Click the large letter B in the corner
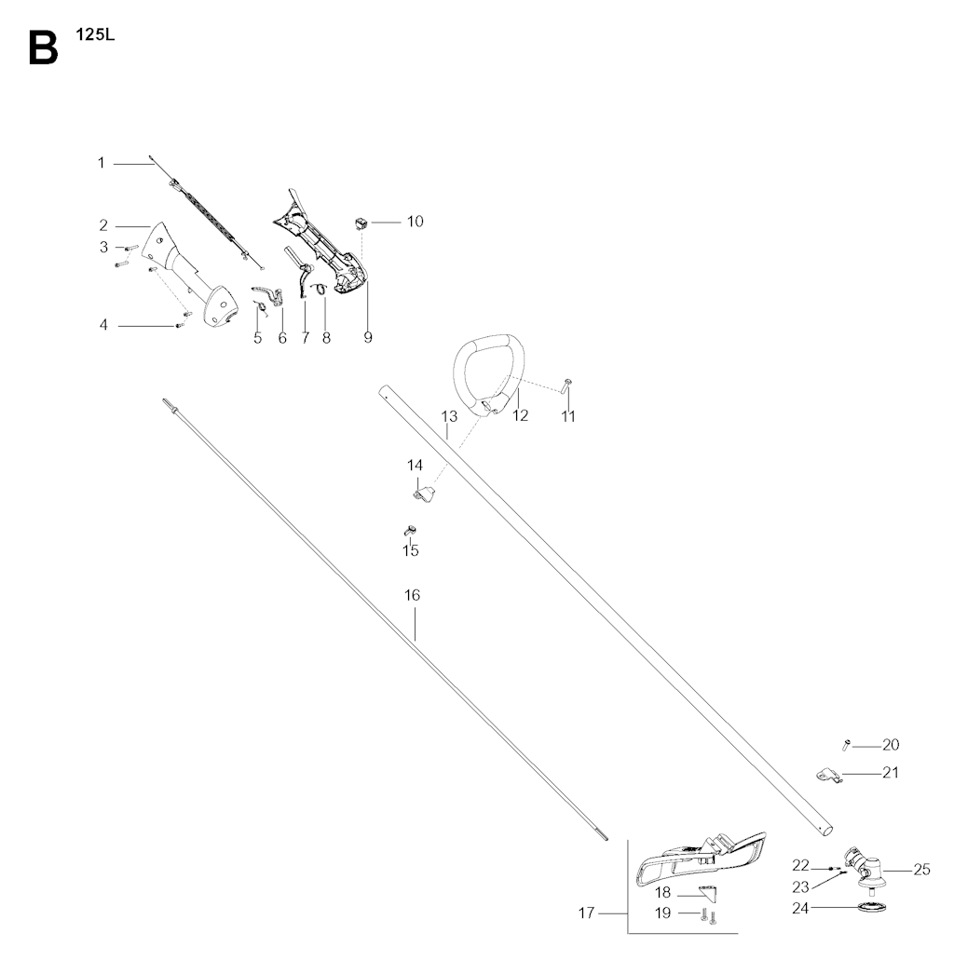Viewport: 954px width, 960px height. tap(43, 48)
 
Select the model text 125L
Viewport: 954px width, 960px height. tap(95, 34)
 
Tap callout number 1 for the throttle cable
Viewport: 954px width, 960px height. tap(102, 163)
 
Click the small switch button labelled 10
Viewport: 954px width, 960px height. tap(361, 223)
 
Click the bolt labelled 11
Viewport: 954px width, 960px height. tap(566, 385)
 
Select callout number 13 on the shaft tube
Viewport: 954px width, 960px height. tap(449, 417)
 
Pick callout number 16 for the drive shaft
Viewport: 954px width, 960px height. tap(413, 595)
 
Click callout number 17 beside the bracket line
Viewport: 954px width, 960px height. tap(586, 913)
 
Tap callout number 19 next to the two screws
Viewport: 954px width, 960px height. tap(662, 913)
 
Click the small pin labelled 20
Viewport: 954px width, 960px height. tap(847, 745)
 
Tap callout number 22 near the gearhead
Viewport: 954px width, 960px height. tap(801, 866)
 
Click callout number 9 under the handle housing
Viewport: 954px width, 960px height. tap(368, 337)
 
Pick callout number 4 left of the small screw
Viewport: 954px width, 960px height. tap(103, 325)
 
